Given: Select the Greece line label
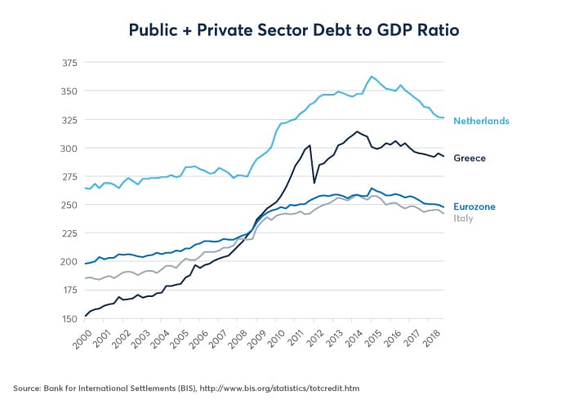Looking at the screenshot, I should coord(470,157).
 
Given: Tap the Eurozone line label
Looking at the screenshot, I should coord(474,207).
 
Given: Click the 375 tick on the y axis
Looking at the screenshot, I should coord(69,62).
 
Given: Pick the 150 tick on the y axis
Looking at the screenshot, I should coord(69,318).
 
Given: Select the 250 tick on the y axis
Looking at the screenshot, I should coord(69,205).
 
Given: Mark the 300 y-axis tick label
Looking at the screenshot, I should coord(69,148).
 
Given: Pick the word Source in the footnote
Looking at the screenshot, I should coord(28,388).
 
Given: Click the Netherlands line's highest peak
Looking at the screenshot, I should coord(372,76).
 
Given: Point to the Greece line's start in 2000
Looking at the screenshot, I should coord(85,316).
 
